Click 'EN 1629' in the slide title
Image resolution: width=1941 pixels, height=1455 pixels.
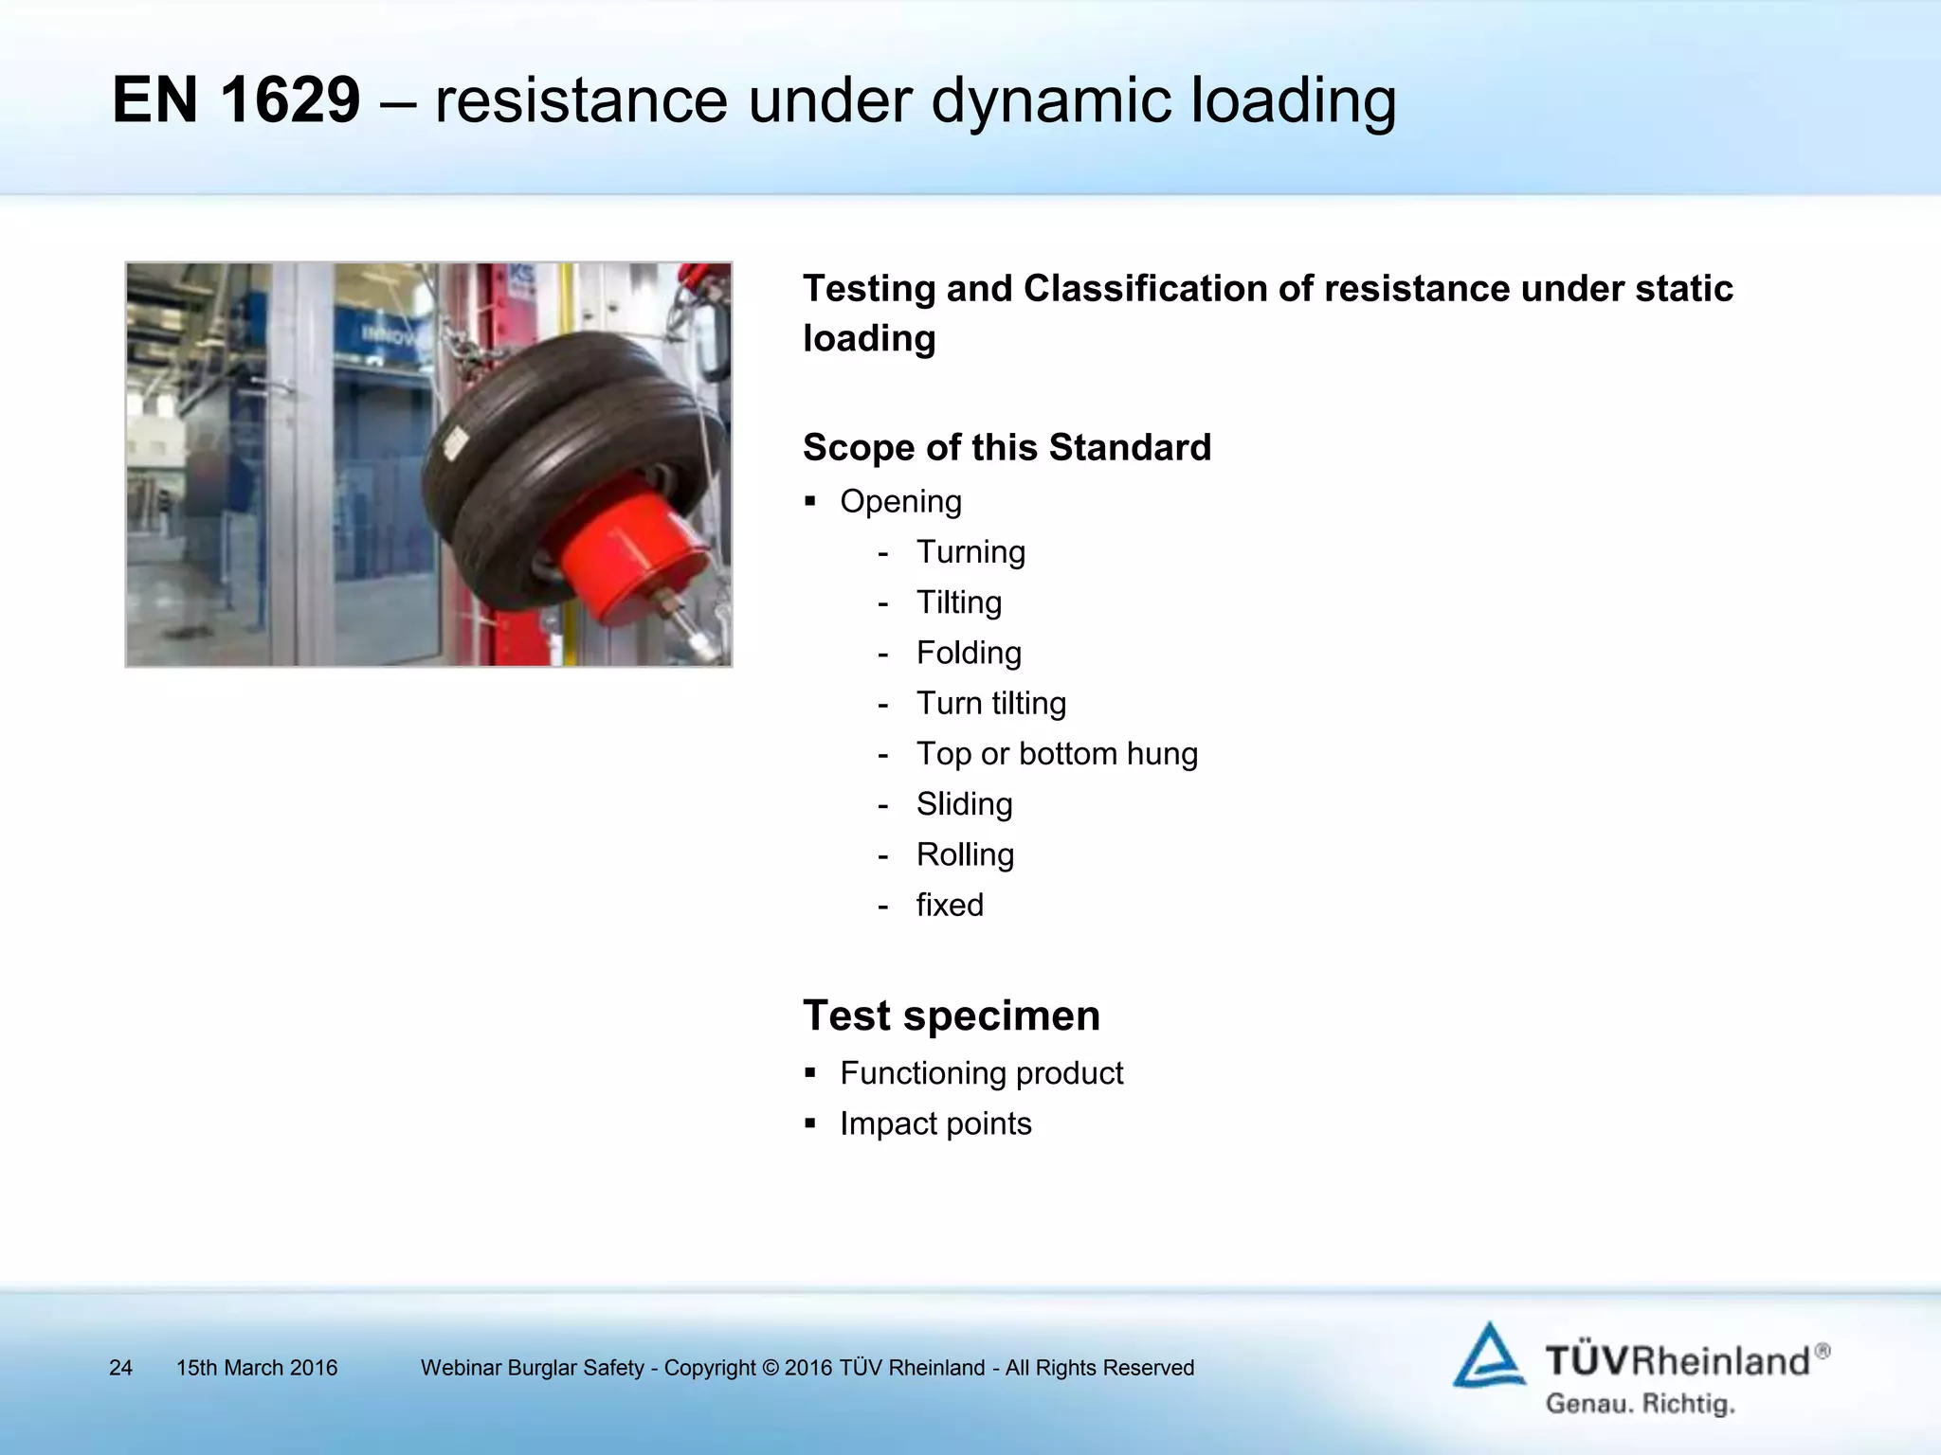pyautogui.click(x=236, y=99)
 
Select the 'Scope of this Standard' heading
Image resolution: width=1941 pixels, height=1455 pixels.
pyautogui.click(x=1007, y=447)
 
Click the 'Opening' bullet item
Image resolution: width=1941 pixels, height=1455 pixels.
pyautogui.click(x=900, y=501)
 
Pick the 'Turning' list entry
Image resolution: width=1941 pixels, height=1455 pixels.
pyautogui.click(x=970, y=551)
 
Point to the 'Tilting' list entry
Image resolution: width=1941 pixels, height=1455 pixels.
pyautogui.click(x=958, y=602)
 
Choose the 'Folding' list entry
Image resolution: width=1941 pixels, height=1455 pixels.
pyautogui.click(x=969, y=653)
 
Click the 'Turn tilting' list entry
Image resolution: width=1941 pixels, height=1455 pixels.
pyautogui.click(x=990, y=703)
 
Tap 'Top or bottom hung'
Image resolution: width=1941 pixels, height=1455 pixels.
pyautogui.click(x=1056, y=754)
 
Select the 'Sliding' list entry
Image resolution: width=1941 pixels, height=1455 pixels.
pyautogui.click(x=964, y=804)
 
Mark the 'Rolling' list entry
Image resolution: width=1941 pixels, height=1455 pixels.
pyautogui.click(x=965, y=854)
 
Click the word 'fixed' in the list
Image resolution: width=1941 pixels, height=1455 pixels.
pyautogui.click(x=950, y=906)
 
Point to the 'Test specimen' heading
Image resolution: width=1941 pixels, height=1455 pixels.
pyautogui.click(x=951, y=1015)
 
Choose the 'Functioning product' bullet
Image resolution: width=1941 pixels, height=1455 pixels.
pyautogui.click(x=981, y=1073)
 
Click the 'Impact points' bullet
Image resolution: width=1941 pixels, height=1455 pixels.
pyautogui.click(x=935, y=1123)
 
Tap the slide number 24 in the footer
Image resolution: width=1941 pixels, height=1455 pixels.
pyautogui.click(x=120, y=1368)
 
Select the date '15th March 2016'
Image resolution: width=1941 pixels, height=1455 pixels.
pyautogui.click(x=257, y=1368)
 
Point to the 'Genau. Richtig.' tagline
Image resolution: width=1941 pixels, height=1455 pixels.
pyautogui.click(x=1640, y=1403)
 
